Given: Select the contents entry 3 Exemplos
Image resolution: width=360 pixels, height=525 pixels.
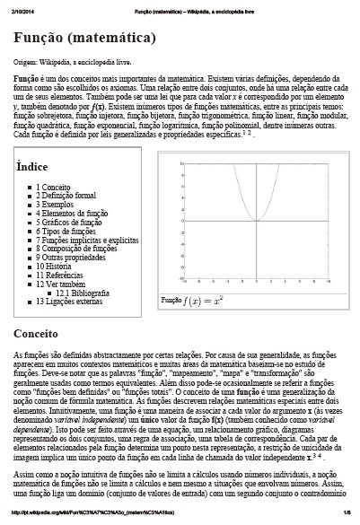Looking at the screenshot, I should (57, 205).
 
